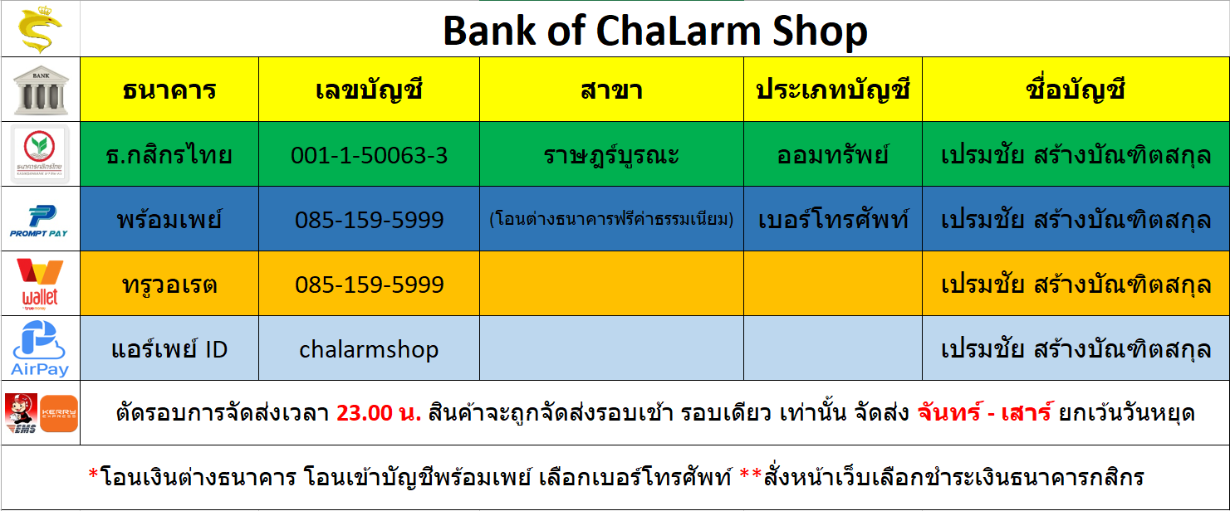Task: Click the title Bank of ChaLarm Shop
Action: point(654,31)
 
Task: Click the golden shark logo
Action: point(40,29)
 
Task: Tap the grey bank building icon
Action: point(41,90)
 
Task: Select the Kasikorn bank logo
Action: point(40,153)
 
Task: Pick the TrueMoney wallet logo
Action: point(40,284)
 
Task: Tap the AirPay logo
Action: point(40,348)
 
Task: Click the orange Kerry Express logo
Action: point(59,413)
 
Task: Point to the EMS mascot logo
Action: point(22,413)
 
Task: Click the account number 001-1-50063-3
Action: point(369,156)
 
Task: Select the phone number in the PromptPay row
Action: point(369,221)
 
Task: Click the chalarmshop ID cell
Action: point(369,350)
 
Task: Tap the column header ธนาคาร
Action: point(169,90)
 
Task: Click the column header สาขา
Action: point(612,90)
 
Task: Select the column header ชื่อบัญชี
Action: point(1076,89)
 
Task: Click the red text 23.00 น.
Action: point(379,413)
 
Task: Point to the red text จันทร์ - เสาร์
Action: point(985,412)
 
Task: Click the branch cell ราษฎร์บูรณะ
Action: point(612,156)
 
